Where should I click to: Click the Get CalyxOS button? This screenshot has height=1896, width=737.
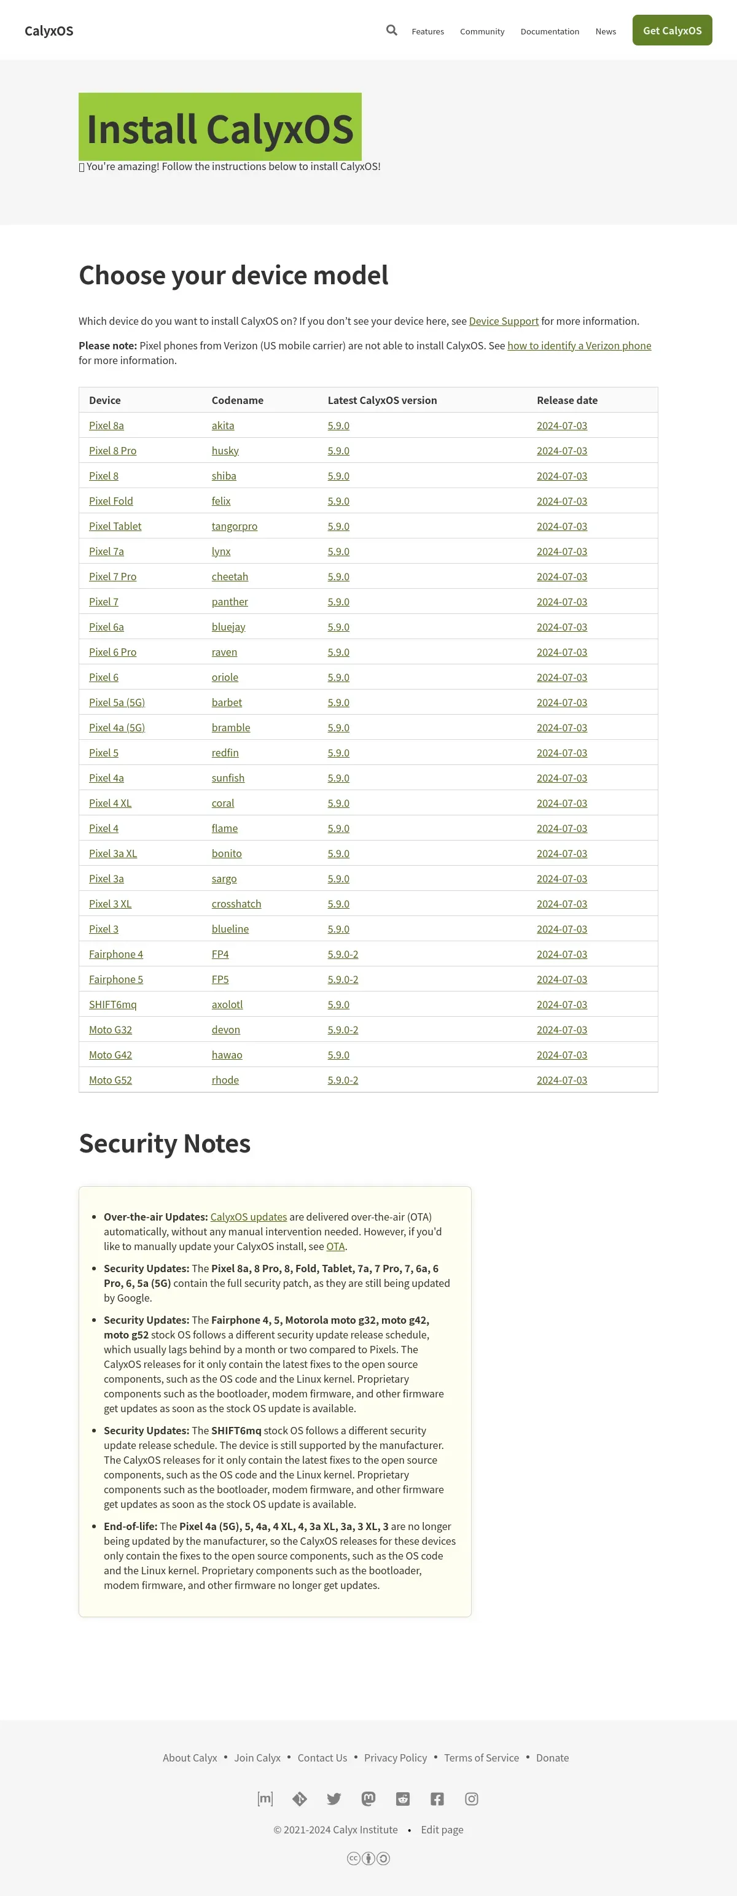coord(671,30)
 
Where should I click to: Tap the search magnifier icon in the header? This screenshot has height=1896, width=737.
coord(392,30)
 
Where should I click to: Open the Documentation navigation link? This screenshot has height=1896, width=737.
coord(549,32)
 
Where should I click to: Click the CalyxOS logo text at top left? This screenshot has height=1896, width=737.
coord(49,31)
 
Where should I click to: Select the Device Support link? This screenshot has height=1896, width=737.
coord(504,321)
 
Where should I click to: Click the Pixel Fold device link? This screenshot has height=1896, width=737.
coord(111,501)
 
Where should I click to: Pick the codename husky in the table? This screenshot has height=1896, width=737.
coord(225,451)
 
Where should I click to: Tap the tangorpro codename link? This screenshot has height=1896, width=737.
coord(234,526)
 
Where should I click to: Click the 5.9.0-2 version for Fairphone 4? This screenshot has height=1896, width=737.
coord(342,954)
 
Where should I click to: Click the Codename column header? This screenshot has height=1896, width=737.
coord(237,400)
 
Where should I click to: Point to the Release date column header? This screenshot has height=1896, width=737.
coord(567,400)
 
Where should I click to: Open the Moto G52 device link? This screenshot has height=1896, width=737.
coord(111,1080)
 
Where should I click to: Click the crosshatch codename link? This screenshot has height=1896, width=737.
coord(236,904)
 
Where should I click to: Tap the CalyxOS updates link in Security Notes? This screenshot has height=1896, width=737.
coord(248,1217)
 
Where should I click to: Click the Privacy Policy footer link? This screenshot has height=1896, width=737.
coord(396,1758)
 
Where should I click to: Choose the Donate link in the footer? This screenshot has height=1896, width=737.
coord(552,1758)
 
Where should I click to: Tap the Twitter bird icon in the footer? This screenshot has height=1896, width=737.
coord(333,1799)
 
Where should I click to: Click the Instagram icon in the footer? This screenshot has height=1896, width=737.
coord(471,1799)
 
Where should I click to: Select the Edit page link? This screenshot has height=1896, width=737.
coord(442,1830)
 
